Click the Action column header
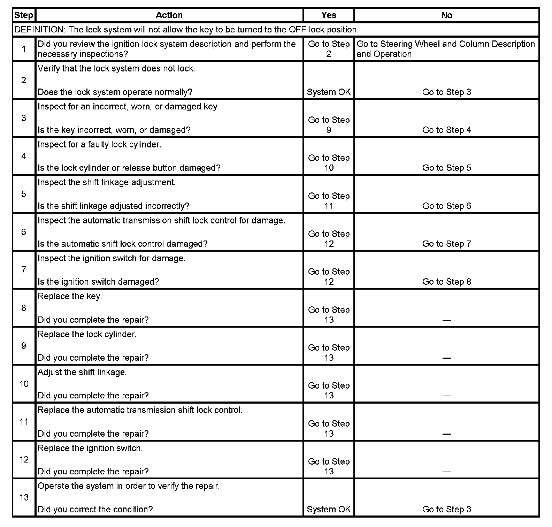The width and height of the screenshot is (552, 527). [169, 15]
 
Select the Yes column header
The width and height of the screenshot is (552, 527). [329, 15]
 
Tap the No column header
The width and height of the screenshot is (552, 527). [446, 15]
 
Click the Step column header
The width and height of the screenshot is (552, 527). [23, 15]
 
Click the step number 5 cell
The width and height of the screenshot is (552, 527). [24, 194]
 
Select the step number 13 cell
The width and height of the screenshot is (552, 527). [24, 497]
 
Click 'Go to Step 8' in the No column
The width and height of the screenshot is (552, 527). [446, 282]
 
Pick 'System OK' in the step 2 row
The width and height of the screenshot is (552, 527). [329, 92]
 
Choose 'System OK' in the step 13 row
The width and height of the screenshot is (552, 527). [329, 509]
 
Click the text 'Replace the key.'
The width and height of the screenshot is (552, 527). [70, 296]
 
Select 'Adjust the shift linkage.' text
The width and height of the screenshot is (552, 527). [82, 372]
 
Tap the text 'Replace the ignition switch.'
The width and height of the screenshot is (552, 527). [90, 448]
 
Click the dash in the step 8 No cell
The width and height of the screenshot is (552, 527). [446, 320]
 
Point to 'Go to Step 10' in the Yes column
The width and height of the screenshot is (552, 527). [329, 163]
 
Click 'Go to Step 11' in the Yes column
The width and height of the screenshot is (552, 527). [329, 201]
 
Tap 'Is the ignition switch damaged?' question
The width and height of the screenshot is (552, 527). [98, 282]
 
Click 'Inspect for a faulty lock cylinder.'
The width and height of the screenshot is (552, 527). [99, 145]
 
